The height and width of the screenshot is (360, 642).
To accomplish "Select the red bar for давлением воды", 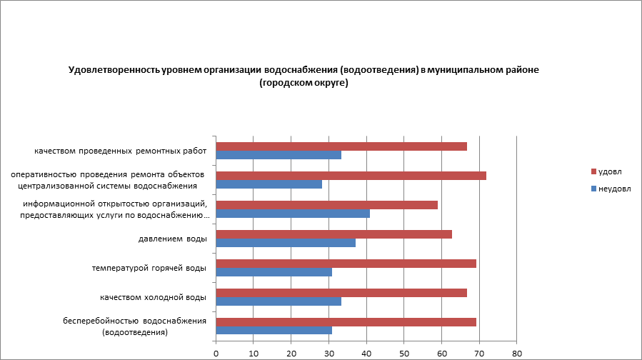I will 333,234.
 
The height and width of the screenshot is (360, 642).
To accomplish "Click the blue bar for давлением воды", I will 285,243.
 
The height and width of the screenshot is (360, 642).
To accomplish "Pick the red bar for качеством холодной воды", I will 341,293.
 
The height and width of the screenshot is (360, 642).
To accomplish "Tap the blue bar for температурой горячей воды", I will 274,272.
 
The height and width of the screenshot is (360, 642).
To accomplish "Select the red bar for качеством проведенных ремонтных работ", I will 341,146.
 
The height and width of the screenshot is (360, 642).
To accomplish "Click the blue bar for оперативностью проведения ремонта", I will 269,184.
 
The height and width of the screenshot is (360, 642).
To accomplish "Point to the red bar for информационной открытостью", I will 326,205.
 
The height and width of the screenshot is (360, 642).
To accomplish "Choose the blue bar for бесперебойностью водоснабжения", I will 274,331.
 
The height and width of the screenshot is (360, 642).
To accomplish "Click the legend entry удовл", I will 609,172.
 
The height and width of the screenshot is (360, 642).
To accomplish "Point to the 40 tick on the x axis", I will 366,353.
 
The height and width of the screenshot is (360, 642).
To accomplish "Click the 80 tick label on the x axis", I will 517,353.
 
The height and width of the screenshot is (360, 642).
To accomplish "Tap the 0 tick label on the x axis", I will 216,353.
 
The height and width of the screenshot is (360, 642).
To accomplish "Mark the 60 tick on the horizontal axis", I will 442,353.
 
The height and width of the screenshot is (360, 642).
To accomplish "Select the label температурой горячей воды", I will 149,268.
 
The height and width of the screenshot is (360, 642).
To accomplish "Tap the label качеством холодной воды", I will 154,297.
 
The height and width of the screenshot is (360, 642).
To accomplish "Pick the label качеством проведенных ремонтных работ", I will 121,151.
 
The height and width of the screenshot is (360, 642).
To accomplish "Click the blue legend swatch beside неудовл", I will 593,189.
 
